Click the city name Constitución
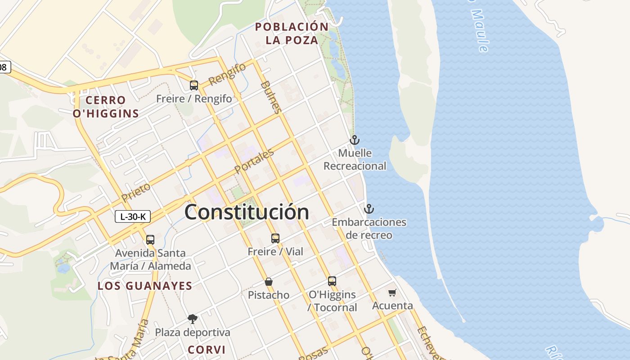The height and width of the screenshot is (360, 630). click(247, 212)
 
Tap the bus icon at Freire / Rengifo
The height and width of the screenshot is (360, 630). click(194, 85)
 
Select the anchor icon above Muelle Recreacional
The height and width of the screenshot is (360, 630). click(355, 140)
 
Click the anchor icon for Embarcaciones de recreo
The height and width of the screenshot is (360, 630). click(369, 209)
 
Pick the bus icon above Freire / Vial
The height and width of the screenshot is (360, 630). click(275, 238)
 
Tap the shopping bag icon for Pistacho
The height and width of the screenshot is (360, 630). click(269, 282)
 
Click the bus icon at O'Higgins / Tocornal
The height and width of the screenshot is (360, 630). click(332, 281)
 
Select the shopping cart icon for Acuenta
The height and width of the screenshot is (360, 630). click(392, 293)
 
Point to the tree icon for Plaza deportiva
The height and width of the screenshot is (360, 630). click(193, 319)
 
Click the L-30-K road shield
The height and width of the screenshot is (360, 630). click(132, 216)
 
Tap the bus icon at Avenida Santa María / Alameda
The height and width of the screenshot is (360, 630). click(150, 240)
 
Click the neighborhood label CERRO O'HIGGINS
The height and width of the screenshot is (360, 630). click(106, 107)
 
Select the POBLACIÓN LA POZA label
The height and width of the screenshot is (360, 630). click(292, 33)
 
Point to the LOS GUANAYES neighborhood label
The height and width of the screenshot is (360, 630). click(145, 286)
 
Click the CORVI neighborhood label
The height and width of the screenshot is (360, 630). click(207, 350)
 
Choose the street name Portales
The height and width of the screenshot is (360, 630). click(254, 162)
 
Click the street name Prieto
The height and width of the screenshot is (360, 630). click(136, 192)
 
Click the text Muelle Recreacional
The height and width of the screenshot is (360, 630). click(355, 159)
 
